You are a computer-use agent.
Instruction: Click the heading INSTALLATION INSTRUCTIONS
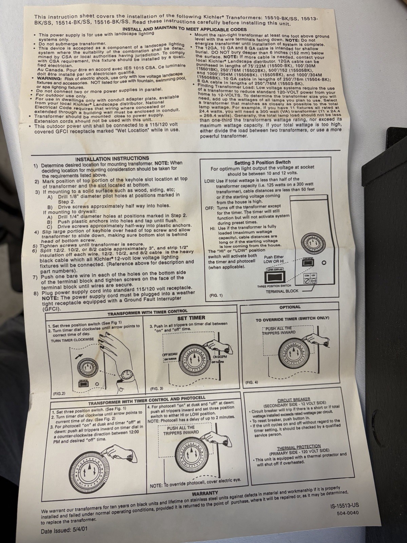112,159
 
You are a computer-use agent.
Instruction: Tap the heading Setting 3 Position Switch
263,163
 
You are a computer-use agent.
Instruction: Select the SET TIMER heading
191,318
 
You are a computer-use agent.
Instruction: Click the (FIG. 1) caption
216,295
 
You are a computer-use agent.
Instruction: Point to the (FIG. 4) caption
252,382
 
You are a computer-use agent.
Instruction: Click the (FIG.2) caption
59,393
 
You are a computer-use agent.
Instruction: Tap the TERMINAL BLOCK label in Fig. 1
282,291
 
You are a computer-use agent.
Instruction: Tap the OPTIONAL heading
290,307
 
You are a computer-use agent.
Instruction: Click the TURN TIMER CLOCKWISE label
72,340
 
